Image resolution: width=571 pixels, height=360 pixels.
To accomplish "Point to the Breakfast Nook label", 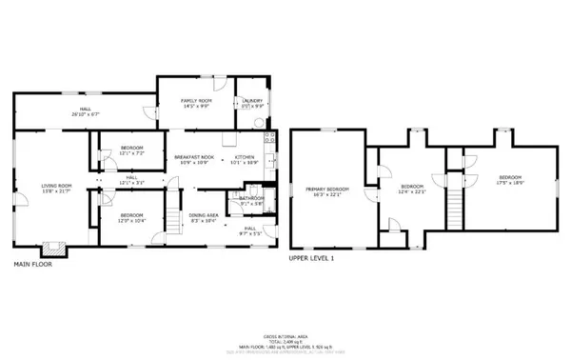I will (x=193, y=159).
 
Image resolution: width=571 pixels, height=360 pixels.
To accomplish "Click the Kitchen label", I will (x=246, y=159).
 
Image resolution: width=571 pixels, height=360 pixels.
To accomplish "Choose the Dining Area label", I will (x=204, y=217).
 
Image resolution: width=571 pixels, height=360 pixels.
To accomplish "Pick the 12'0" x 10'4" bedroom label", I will (x=131, y=217).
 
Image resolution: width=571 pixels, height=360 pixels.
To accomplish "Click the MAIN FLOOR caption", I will (x=32, y=264).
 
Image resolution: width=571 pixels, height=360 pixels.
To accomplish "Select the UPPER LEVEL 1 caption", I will (x=311, y=257).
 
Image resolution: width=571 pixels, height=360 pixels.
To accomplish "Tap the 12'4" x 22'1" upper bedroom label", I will (x=411, y=189).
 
